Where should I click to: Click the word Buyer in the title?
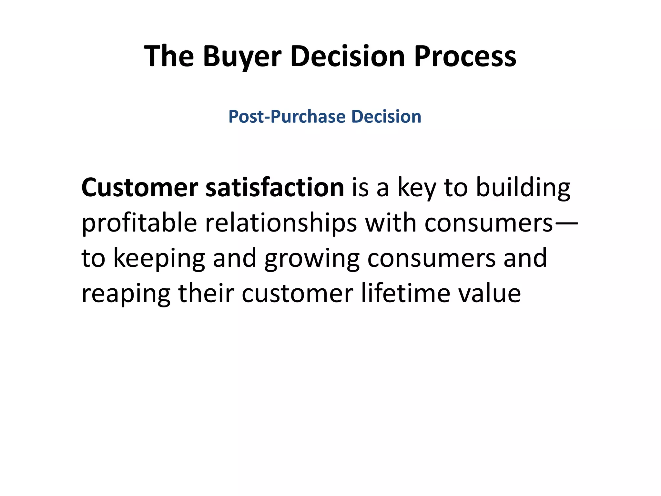click(242, 57)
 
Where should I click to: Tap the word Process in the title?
click(465, 57)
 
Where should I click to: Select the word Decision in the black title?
click(347, 57)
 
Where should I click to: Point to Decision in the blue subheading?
click(386, 117)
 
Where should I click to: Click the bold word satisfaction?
click(275, 188)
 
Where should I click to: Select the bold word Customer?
click(140, 188)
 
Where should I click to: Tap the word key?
click(417, 188)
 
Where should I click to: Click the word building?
click(523, 188)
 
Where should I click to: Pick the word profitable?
click(139, 223)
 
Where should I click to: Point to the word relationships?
click(281, 223)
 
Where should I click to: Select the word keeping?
click(159, 259)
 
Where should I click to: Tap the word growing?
click(312, 259)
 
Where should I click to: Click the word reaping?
click(126, 294)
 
